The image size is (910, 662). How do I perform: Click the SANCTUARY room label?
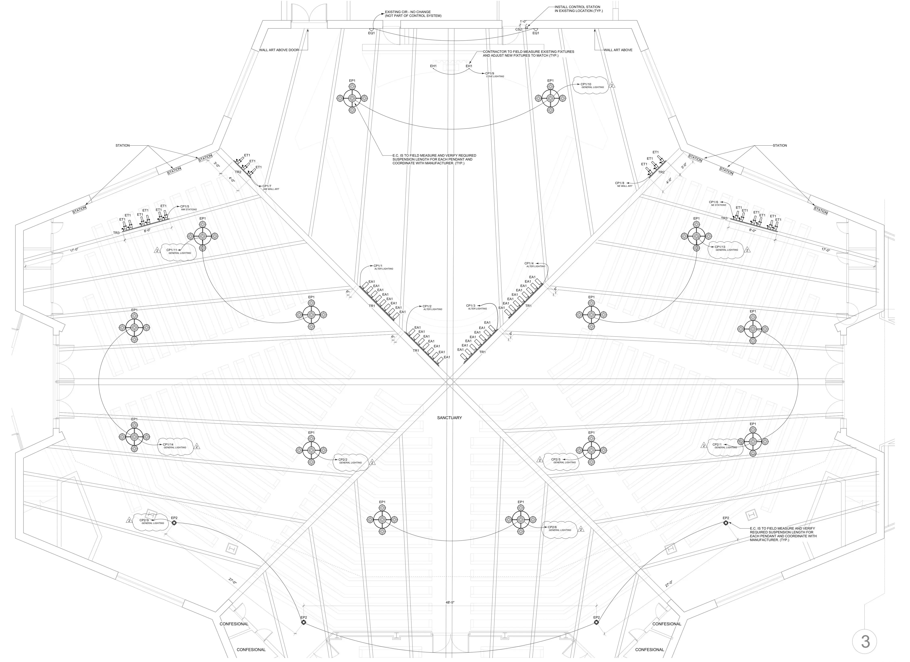pyautogui.click(x=449, y=418)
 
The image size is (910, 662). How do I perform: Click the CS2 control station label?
pyautogui.click(x=519, y=29)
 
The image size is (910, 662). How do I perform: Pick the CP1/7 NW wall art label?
pyautogui.click(x=269, y=187)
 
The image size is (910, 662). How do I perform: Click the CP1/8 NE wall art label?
pyautogui.click(x=624, y=184)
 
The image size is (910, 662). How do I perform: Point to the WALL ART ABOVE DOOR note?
pyautogui.click(x=279, y=50)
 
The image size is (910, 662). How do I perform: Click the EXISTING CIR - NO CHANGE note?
pyautogui.click(x=413, y=14)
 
